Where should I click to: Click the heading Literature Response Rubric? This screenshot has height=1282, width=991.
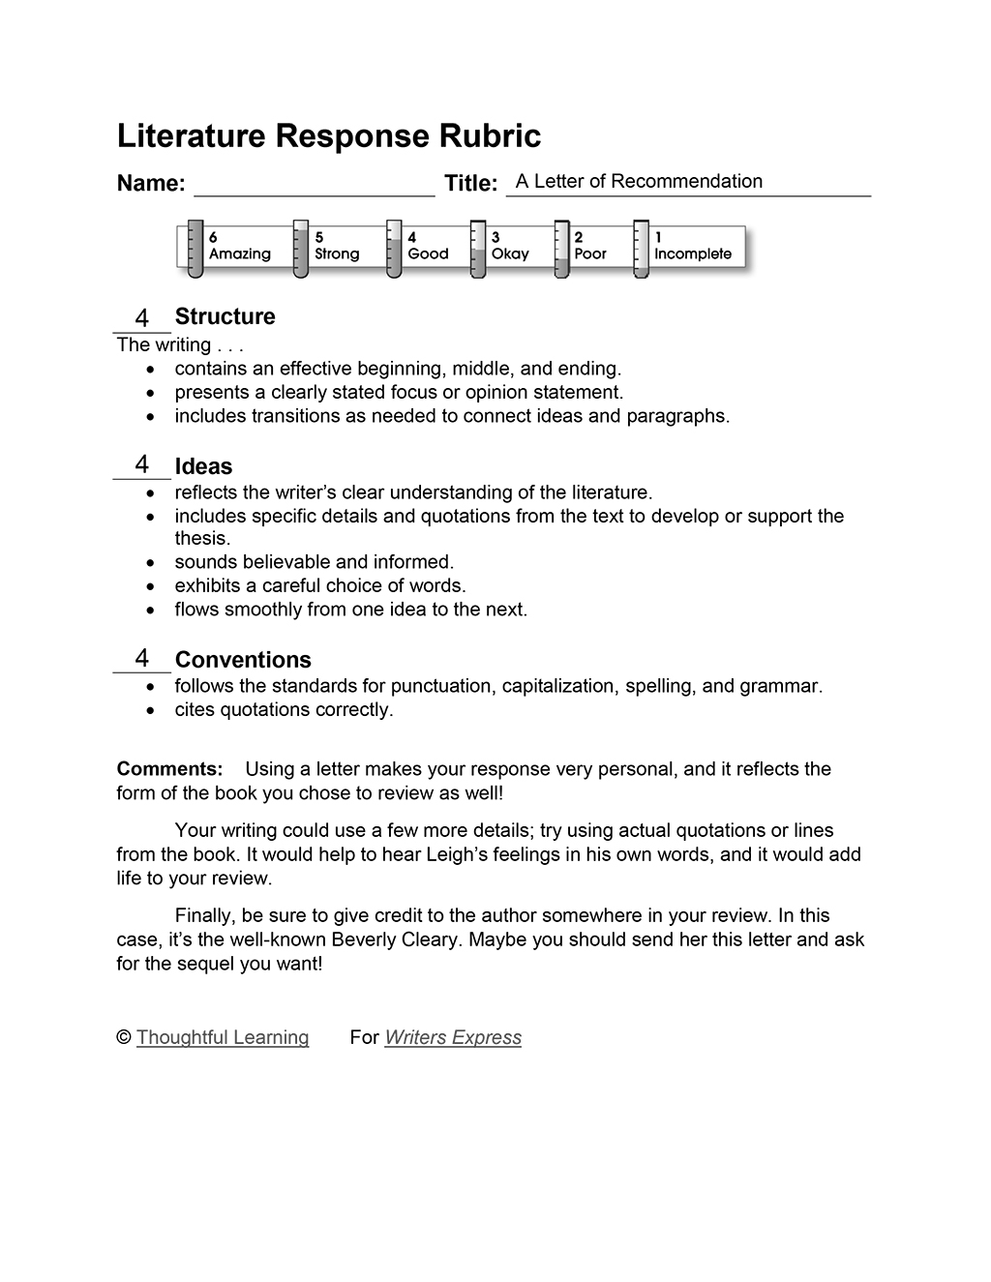coord(328,136)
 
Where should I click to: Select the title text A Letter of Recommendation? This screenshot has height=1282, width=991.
coord(639,182)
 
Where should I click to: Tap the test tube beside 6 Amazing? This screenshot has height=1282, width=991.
coord(195,249)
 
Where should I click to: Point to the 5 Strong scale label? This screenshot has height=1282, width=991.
coord(336,246)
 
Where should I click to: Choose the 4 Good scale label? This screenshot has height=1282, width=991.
coord(428,246)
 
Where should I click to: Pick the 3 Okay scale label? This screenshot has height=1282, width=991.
coord(510,246)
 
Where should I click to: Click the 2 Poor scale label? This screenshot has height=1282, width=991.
coord(590,246)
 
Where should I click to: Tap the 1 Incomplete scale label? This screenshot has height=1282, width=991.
coord(692,246)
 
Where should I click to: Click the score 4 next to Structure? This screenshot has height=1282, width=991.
coord(142,317)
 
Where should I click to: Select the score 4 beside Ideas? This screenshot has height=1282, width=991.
coord(142,464)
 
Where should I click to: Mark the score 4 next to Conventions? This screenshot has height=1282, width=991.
coord(142,658)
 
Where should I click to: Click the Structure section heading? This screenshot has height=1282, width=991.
coord(225,316)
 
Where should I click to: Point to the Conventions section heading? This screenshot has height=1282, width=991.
coord(243,660)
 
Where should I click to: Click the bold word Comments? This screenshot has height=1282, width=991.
coord(169,769)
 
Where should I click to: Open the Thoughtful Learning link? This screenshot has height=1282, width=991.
coord(223,1037)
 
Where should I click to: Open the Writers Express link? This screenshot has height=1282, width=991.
coord(453,1037)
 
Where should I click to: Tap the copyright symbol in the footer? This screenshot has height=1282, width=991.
coord(124,1037)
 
